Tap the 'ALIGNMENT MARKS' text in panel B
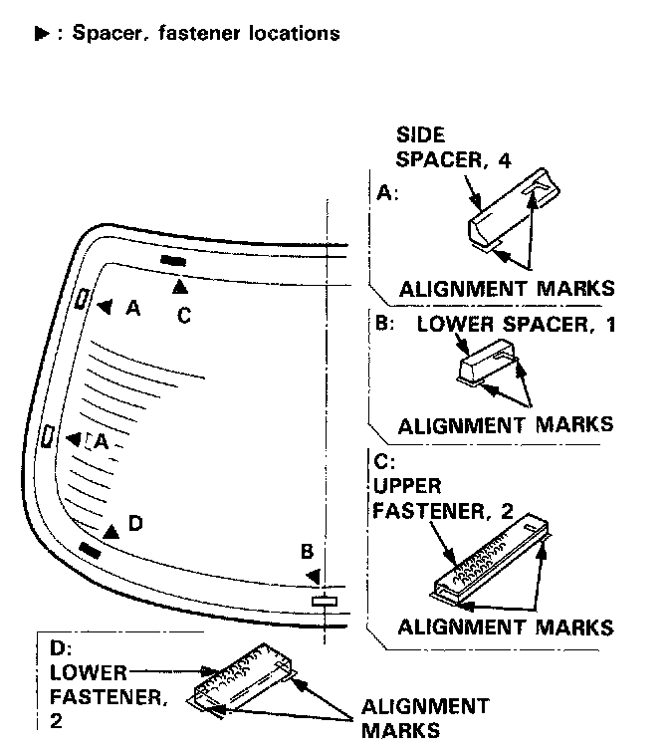click(x=505, y=424)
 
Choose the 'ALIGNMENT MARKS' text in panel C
click(x=505, y=627)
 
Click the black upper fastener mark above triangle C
click(x=173, y=261)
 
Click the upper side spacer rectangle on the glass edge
click(x=82, y=297)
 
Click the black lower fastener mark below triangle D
click(x=90, y=549)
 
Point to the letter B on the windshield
click(x=308, y=551)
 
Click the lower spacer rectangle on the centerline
click(x=326, y=601)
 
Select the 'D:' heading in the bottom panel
click(x=59, y=648)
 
